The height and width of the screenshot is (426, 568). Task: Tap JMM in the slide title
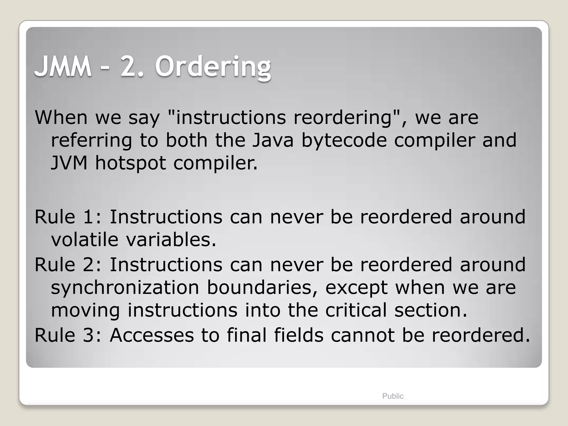pyautogui.click(x=63, y=67)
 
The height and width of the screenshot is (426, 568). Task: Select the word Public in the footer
pyautogui.click(x=393, y=396)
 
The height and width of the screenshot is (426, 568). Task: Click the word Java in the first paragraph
pyautogui.click(x=273, y=140)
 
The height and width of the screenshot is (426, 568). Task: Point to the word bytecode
pyautogui.click(x=344, y=141)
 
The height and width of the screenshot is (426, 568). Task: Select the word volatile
pyautogui.click(x=85, y=239)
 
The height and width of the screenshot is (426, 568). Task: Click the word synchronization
pyautogui.click(x=125, y=288)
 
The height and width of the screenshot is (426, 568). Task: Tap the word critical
pyautogui.click(x=356, y=310)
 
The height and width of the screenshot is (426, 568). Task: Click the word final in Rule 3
pyautogui.click(x=247, y=335)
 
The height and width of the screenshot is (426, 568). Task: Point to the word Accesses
pyautogui.click(x=152, y=335)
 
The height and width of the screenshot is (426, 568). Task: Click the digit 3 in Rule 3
pyautogui.click(x=89, y=335)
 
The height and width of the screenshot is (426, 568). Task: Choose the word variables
pyautogui.click(x=171, y=239)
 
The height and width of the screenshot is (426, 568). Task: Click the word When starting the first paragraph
pyautogui.click(x=61, y=117)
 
